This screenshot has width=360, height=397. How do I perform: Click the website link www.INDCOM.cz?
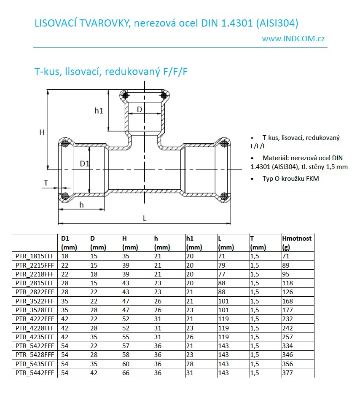[293, 38]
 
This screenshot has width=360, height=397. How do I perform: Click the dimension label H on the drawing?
[42, 132]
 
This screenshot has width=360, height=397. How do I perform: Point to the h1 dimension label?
[99, 111]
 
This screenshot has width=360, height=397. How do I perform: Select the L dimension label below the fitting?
[145, 218]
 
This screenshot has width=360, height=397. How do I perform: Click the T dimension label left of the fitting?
[46, 182]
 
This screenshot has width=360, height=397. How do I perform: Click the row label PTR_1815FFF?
[35, 256]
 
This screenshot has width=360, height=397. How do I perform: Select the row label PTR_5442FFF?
[35, 373]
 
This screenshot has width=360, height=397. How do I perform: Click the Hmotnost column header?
[297, 239]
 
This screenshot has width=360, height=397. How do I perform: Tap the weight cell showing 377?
[287, 373]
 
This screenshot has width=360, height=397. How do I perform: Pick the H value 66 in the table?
[126, 373]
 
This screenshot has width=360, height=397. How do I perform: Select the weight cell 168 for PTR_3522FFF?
[287, 301]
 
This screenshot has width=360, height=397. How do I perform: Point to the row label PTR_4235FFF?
[35, 337]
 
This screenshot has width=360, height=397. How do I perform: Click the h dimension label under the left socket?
[82, 205]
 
